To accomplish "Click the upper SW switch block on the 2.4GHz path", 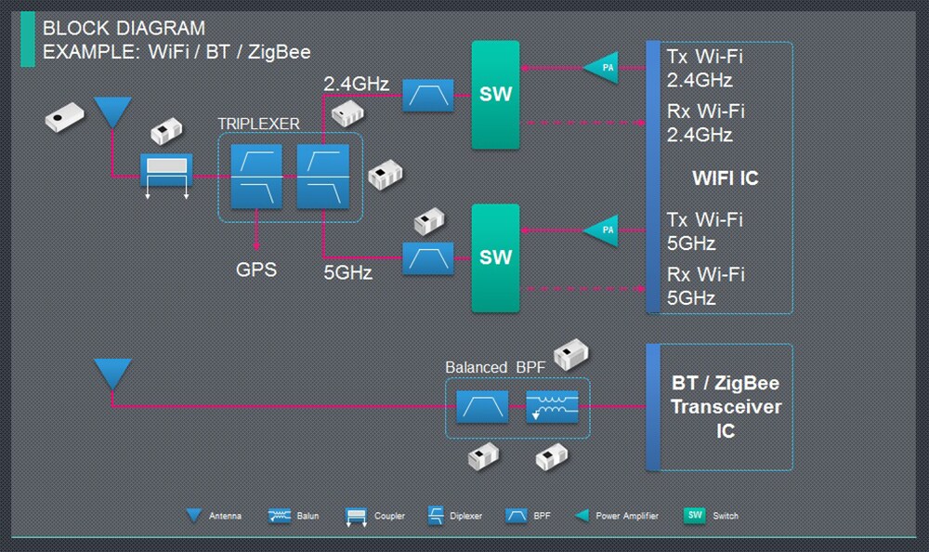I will coord(495,95).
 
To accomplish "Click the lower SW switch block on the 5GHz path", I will coord(495,257).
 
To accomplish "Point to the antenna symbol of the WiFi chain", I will coord(114,112).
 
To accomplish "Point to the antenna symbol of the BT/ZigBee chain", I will coord(113,374).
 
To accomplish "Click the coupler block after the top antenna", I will coord(166,169).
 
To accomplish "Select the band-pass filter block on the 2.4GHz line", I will coord(427,95).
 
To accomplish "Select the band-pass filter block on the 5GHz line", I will coord(427,257).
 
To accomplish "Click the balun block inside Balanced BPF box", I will coord(553,407).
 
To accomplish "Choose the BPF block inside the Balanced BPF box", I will coord(482,407).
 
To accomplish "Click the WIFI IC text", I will coord(725,177).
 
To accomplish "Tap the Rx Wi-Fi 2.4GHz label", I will coord(705,123).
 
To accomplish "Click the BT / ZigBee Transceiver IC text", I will coord(726,407).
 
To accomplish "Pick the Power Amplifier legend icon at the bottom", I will coord(583,516).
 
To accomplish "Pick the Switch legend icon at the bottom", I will coord(694,515).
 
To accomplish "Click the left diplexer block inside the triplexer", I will coord(255,177).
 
